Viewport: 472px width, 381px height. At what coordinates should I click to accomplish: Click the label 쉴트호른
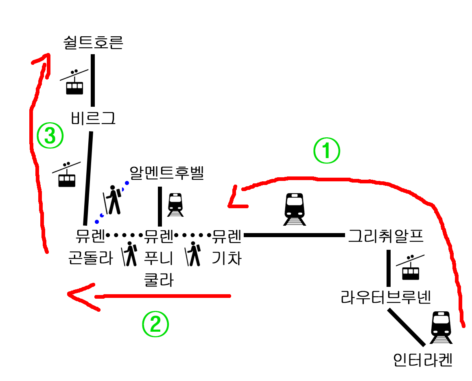[x=93, y=42]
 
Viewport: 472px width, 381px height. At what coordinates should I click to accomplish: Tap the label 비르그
[x=93, y=119]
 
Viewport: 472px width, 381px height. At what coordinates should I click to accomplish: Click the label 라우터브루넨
[x=386, y=297]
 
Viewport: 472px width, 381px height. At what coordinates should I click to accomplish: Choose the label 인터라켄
[x=423, y=360]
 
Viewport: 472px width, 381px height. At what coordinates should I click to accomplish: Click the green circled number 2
[x=155, y=324]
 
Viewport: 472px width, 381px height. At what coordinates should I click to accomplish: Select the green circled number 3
[x=50, y=136]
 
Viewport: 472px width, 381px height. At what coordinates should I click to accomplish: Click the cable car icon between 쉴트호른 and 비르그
[x=74, y=83]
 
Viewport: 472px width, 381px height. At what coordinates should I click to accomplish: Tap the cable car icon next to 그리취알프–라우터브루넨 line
[x=410, y=268]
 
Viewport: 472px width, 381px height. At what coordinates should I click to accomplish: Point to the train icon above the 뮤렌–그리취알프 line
[x=295, y=209]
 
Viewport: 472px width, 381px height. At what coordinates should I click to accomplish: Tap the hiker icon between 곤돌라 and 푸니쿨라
[x=130, y=254]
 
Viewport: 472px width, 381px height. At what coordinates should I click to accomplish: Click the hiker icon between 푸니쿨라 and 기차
[x=194, y=254]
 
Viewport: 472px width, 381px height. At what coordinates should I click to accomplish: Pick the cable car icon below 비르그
[x=66, y=176]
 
